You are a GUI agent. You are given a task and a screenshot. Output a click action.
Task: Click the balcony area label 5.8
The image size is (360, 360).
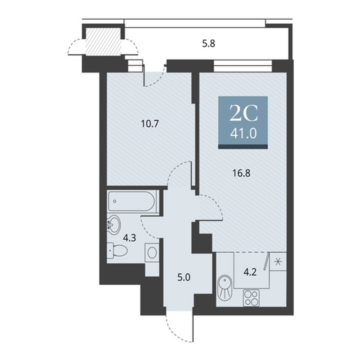coord(208,43)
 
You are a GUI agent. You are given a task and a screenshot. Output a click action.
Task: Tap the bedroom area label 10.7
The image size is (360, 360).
coord(150,124)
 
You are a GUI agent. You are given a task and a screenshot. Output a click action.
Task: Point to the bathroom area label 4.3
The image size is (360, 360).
coord(130,238)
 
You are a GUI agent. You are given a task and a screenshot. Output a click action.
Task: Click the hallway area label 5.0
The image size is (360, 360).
coord(184,278)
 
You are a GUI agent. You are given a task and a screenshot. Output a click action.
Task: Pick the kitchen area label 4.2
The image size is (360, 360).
coord(250,272)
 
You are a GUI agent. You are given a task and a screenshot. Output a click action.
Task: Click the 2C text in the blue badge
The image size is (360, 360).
coord(243,113)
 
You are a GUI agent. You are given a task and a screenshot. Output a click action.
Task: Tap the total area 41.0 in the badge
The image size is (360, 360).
coord(243,134)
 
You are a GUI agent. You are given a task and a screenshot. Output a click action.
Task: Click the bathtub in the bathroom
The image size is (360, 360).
coord(133,202)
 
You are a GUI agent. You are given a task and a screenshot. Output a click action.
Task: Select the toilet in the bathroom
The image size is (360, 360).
coord(117,250)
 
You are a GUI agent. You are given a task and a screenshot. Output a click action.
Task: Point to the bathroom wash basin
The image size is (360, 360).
coord(114,225)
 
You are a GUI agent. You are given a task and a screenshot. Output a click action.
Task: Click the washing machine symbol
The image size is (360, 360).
coord(152,252)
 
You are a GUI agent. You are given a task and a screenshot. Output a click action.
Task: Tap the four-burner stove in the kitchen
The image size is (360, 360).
coord(252,298)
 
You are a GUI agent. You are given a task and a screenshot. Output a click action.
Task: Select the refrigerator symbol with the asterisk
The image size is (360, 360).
coord(278,261)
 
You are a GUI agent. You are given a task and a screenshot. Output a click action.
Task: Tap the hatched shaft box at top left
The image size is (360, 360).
coord(103,41)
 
